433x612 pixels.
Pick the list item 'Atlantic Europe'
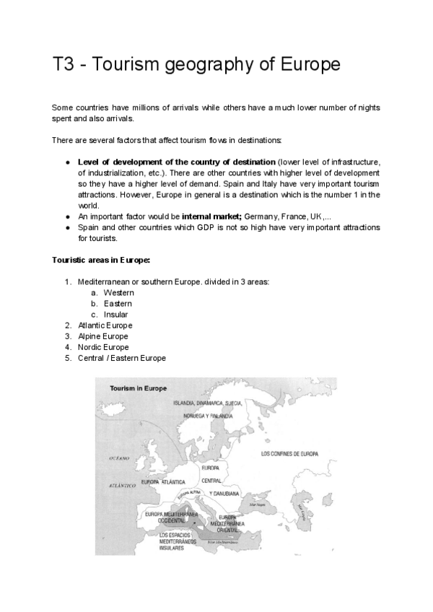pos(105,325)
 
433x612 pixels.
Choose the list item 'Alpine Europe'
pos(102,336)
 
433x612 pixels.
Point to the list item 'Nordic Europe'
pos(103,347)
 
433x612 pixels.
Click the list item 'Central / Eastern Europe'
pos(121,358)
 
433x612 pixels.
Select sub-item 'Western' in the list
pos(118,293)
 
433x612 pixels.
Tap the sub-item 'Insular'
pos(116,315)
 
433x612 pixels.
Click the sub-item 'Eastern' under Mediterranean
pos(118,304)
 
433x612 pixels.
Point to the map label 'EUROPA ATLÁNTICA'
pos(163,481)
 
